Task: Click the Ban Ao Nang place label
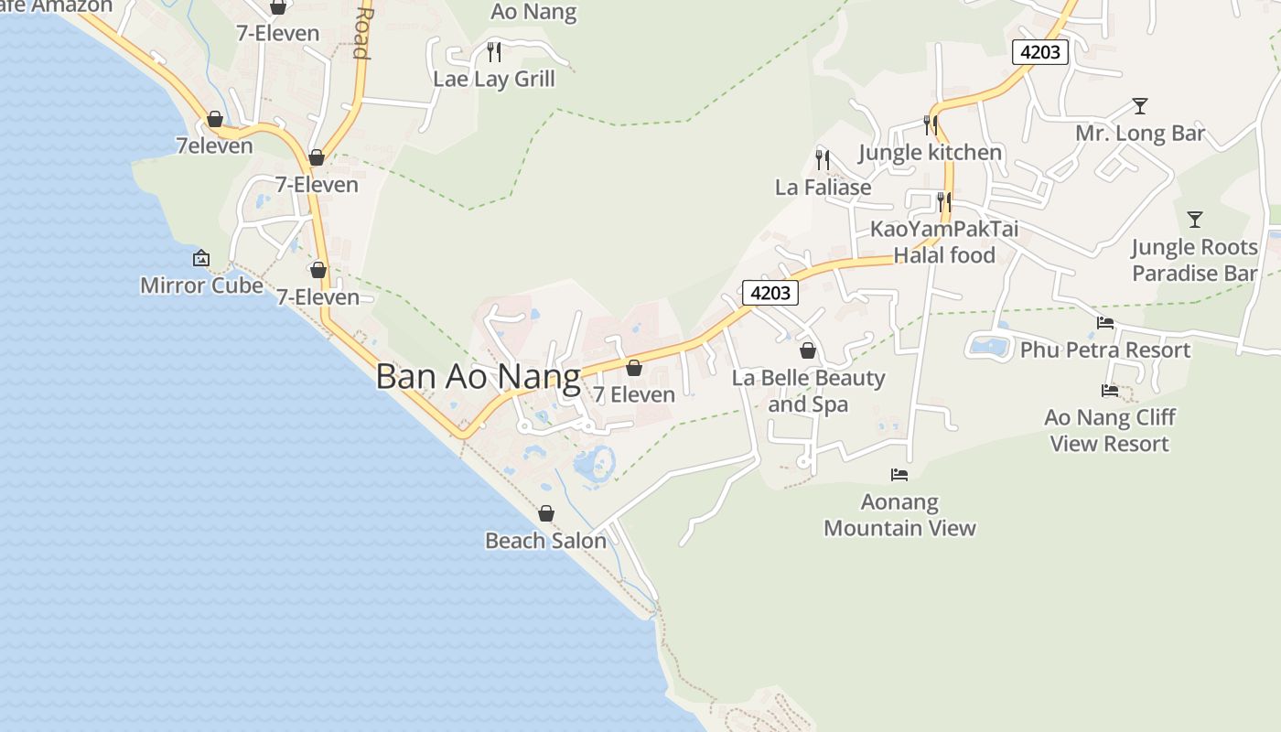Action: pyautogui.click(x=478, y=377)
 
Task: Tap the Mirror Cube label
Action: pyautogui.click(x=201, y=285)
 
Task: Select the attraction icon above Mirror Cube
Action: pyautogui.click(x=201, y=259)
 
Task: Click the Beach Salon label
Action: pyautogui.click(x=545, y=541)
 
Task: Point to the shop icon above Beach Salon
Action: pyautogui.click(x=546, y=513)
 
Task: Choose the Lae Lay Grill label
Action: pyautogui.click(x=494, y=79)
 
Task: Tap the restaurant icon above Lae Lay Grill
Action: pyautogui.click(x=494, y=51)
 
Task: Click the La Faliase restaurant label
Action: pyautogui.click(x=823, y=188)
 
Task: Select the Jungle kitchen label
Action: pyautogui.click(x=930, y=152)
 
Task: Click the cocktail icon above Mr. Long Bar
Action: pyautogui.click(x=1139, y=106)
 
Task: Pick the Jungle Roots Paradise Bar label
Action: pyautogui.click(x=1194, y=260)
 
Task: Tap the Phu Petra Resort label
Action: pyautogui.click(x=1104, y=350)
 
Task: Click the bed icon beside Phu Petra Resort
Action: pyautogui.click(x=1105, y=323)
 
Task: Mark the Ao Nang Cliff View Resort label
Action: pyautogui.click(x=1109, y=430)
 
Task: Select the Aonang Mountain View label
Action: pyautogui.click(x=899, y=514)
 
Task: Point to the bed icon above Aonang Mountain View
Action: pyautogui.click(x=899, y=474)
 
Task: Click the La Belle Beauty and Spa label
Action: pyautogui.click(x=808, y=391)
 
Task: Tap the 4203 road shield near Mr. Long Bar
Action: pyautogui.click(x=1040, y=52)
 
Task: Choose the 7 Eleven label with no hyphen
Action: pyautogui.click(x=633, y=394)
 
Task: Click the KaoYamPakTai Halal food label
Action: pyautogui.click(x=944, y=242)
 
